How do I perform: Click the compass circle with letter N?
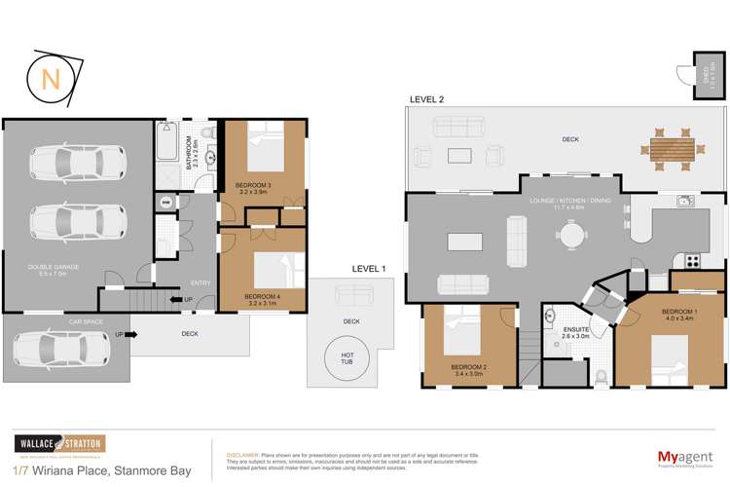point(48,78)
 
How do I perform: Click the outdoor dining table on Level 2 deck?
point(672,150)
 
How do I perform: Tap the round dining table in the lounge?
point(570,235)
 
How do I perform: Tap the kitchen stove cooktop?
point(693,260)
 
